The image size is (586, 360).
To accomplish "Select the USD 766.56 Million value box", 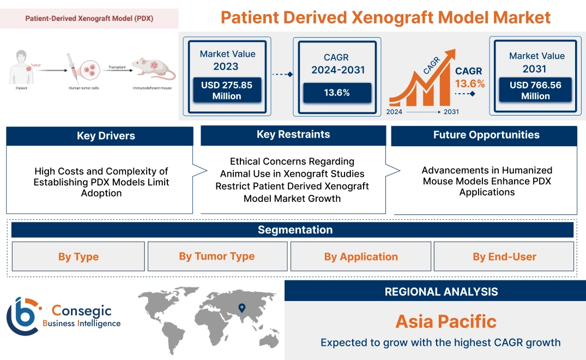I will [535, 90].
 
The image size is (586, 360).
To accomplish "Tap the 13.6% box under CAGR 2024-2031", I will [336, 93].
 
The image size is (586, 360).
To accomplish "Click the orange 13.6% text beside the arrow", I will [470, 84].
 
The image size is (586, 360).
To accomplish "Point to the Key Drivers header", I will [100, 136].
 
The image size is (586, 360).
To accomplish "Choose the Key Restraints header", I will [293, 135].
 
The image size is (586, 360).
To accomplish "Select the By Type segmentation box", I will [78, 257].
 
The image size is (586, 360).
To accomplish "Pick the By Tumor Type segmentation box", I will [217, 256].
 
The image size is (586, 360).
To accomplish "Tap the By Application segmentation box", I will [361, 257].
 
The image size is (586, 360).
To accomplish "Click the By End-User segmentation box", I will [504, 257].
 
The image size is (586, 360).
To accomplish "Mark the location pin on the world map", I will [242, 308].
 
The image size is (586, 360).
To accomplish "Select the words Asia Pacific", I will [446, 321].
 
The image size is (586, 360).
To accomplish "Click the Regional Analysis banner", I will [441, 292].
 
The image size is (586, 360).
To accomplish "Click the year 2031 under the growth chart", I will [451, 112].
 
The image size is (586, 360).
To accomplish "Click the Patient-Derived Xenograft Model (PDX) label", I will [89, 19].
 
